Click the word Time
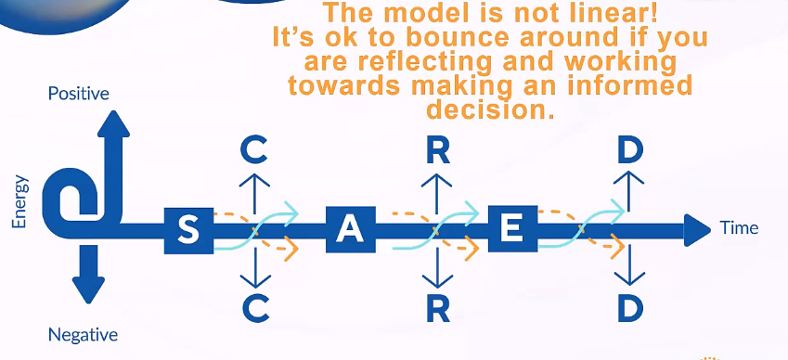739,228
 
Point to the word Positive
78,94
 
